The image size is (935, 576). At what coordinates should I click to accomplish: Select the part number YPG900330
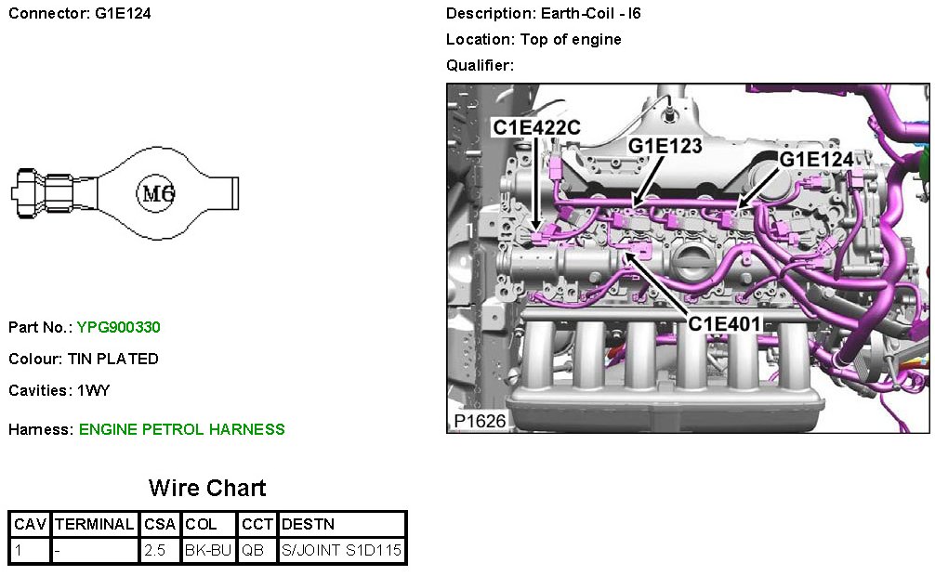pyautogui.click(x=119, y=327)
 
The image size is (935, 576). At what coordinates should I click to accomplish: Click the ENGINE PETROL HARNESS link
pyautogui.click(x=182, y=429)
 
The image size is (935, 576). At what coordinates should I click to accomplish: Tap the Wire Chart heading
pyautogui.click(x=207, y=489)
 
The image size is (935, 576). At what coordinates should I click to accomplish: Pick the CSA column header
pyautogui.click(x=160, y=525)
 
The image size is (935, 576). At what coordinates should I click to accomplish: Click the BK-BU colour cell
pyautogui.click(x=208, y=551)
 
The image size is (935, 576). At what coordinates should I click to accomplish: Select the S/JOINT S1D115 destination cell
pyautogui.click(x=341, y=551)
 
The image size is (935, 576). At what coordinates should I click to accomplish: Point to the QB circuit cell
pyautogui.click(x=254, y=551)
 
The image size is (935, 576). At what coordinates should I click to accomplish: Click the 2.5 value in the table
pyautogui.click(x=155, y=551)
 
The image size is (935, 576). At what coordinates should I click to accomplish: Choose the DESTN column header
pyautogui.click(x=308, y=525)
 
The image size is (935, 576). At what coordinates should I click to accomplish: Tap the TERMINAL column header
pyautogui.click(x=95, y=525)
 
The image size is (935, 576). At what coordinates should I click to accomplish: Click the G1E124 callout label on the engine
pyautogui.click(x=816, y=160)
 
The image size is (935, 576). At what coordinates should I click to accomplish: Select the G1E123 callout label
pyautogui.click(x=665, y=146)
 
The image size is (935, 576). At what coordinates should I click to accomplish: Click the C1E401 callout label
pyautogui.click(x=724, y=323)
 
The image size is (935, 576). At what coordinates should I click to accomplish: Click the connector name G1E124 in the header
pyautogui.click(x=123, y=14)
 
